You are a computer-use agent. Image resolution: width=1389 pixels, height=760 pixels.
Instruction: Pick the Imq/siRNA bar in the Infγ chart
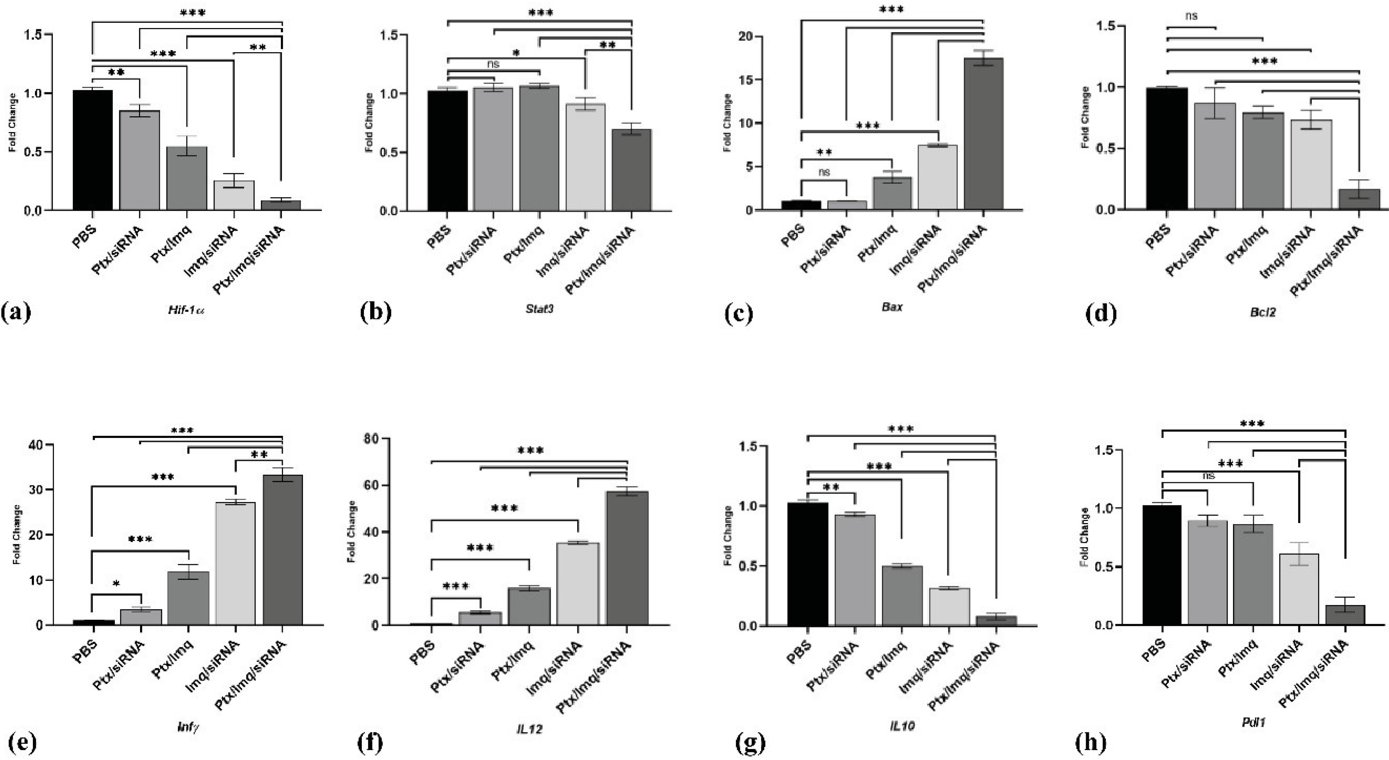(236, 563)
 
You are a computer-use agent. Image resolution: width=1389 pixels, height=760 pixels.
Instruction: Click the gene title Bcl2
(1263, 312)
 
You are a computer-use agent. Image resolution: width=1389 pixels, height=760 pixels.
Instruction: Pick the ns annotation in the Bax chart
(824, 173)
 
